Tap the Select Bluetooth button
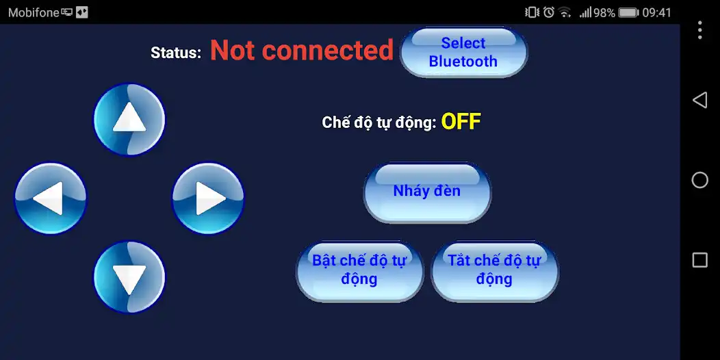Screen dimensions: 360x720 coord(463,52)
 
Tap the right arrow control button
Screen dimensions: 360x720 coord(208,198)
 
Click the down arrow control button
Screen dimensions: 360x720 coord(129,277)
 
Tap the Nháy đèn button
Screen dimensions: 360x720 coord(427,192)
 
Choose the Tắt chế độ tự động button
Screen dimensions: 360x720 coord(494,270)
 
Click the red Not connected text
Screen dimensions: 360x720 coord(301,51)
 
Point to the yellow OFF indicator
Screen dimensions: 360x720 coord(461,122)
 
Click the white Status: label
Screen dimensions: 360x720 coord(176,53)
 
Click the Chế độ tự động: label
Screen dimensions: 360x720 coord(378,123)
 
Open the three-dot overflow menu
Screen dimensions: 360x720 coord(699,30)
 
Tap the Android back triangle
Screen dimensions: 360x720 coord(699,101)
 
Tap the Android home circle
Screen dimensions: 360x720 coord(699,180)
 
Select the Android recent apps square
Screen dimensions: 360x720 coord(699,260)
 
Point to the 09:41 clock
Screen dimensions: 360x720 coord(657,12)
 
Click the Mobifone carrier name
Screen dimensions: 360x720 coord(34,12)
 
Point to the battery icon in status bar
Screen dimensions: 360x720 coord(628,12)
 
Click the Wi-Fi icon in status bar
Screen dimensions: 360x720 coord(565,12)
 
